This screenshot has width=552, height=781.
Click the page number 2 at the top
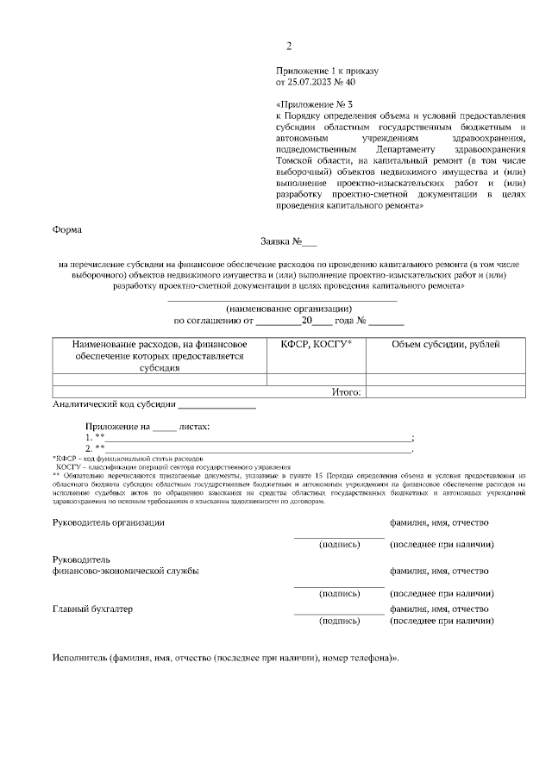coord(289,46)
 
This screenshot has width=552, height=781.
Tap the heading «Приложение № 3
coord(314,103)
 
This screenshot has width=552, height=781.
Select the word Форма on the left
coord(67,230)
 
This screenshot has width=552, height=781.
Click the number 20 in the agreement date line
coord(305,321)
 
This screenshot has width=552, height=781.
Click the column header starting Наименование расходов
coord(160,356)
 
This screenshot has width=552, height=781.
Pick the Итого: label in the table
coord(346,391)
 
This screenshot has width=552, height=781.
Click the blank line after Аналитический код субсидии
coord(216,403)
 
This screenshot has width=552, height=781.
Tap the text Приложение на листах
coord(147,426)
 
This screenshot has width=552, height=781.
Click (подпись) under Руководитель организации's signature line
coord(339,545)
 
